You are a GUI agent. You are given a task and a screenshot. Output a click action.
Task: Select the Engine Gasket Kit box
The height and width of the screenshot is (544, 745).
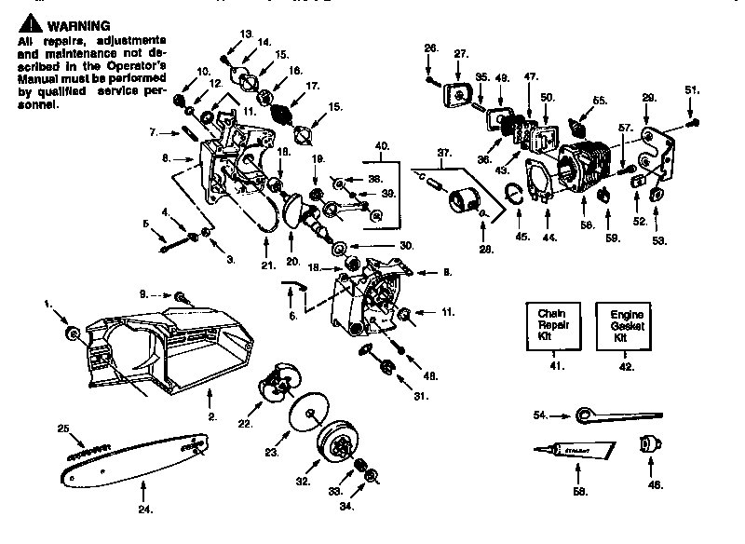(624, 326)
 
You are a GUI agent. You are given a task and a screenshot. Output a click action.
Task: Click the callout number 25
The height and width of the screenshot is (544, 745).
(63, 429)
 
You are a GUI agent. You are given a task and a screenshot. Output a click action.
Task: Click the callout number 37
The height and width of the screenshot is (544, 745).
(444, 152)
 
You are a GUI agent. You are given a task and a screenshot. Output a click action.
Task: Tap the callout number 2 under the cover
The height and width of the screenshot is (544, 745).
(212, 416)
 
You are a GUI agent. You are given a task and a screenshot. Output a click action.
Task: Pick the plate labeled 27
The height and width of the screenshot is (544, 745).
(459, 94)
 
